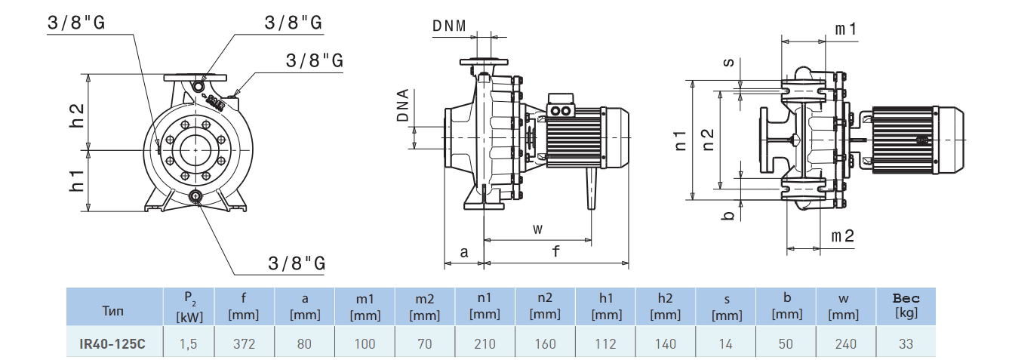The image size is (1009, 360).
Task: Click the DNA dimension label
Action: [403, 106]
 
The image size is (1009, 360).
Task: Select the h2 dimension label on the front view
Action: [77, 115]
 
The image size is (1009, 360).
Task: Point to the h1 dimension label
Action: [77, 181]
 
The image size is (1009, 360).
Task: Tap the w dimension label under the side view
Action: [537, 229]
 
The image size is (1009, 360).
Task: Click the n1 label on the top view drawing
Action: [681, 139]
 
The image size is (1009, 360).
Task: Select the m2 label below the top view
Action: [843, 236]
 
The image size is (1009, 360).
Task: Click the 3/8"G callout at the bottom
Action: [297, 263]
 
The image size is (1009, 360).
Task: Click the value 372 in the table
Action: [244, 344]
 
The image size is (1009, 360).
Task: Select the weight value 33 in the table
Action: [906, 344]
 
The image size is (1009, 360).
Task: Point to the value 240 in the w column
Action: [846, 344]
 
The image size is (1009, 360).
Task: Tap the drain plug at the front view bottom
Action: [196, 198]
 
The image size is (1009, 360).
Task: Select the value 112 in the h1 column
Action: [605, 344]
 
